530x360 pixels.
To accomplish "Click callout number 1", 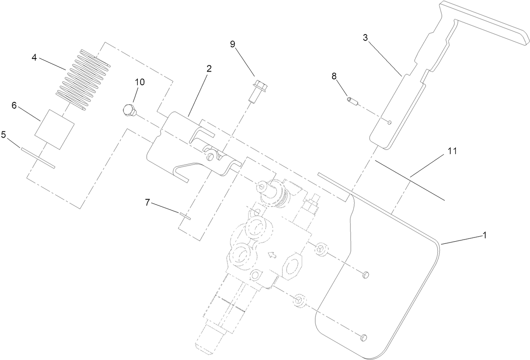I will tap(484, 236).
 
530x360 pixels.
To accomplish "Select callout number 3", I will tap(365, 37).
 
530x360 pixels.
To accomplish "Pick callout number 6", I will tap(14, 106).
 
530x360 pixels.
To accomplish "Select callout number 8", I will tap(334, 77).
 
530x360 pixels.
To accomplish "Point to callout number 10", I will tap(139, 82).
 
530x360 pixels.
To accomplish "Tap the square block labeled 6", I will tap(54, 129).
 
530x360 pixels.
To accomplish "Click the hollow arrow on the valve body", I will tap(272, 255).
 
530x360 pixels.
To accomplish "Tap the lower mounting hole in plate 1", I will tap(364, 336).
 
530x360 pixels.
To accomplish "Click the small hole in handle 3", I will tap(390, 122).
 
